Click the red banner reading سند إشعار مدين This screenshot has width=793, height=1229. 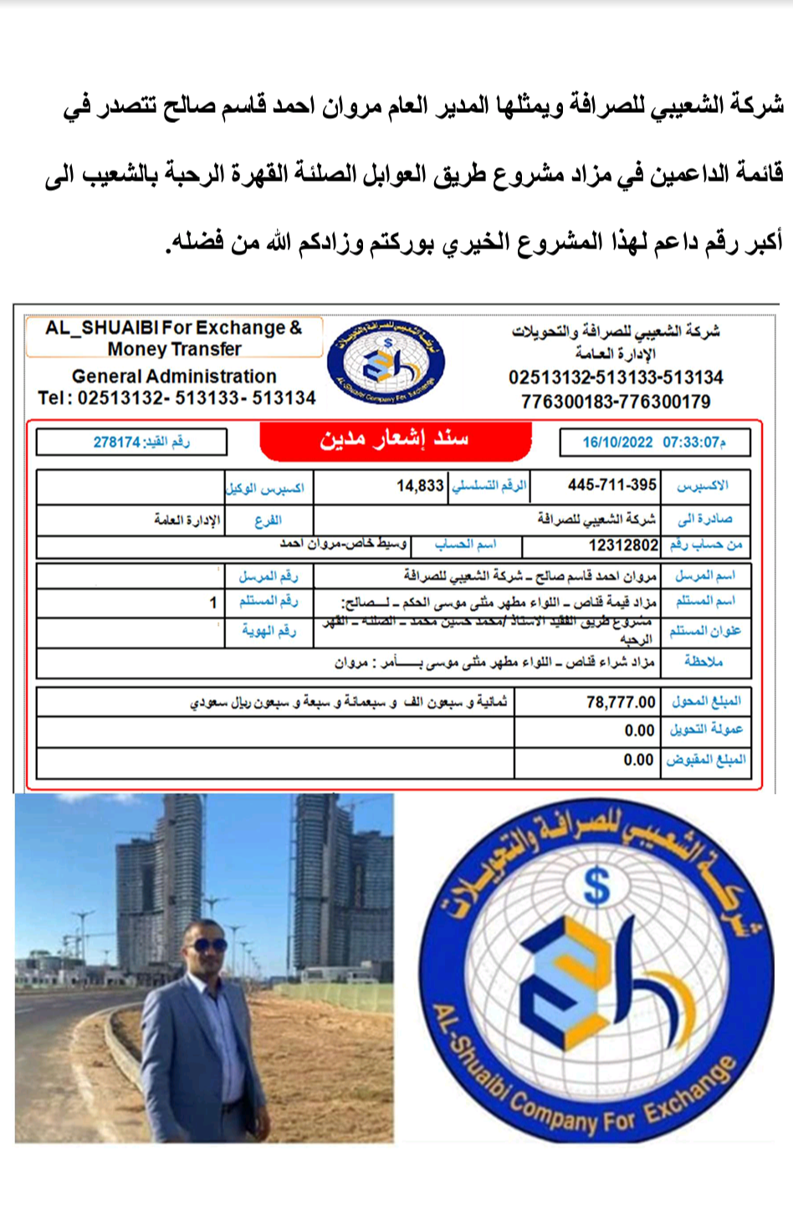tap(395, 439)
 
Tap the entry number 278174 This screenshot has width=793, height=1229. tap(116, 442)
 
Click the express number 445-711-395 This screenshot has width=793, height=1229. tap(611, 485)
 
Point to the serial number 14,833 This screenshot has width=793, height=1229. tap(420, 486)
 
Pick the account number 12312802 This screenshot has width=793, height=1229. tap(623, 545)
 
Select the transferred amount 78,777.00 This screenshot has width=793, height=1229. tap(621, 702)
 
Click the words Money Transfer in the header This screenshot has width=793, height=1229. tap(174, 349)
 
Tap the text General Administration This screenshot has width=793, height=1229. tap(174, 376)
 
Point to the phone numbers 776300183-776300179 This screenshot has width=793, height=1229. tap(616, 402)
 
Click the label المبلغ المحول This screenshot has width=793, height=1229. tap(706, 701)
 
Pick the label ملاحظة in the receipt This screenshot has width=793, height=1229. tap(703, 662)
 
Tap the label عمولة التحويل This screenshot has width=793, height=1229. tap(706, 730)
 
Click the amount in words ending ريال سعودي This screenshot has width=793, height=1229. tap(348, 702)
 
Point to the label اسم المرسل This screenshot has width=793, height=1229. tap(705, 576)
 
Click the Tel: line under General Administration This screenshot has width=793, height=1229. tap(177, 398)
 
